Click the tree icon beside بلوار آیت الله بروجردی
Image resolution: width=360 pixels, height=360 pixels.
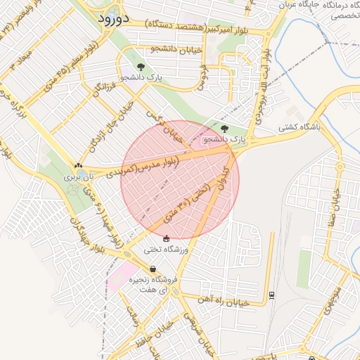click(224, 129)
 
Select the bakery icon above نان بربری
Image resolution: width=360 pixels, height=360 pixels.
click(79, 167)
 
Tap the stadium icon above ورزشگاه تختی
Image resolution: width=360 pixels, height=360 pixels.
click(166, 239)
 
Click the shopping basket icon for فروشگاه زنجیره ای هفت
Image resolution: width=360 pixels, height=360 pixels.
click(153, 269)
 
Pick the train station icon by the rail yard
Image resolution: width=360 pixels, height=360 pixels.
click(271, 295)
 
